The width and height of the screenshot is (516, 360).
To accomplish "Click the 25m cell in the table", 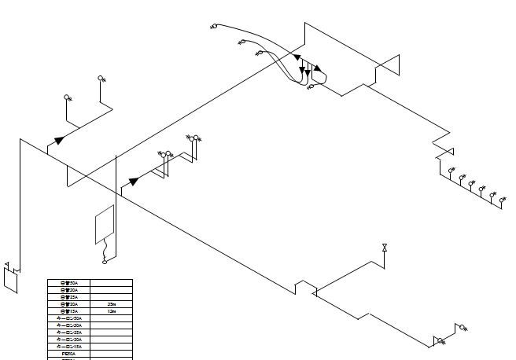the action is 112,304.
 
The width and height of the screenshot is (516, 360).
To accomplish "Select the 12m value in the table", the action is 112,311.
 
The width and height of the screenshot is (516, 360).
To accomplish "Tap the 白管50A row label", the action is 69,283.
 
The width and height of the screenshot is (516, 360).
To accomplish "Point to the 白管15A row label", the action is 69,311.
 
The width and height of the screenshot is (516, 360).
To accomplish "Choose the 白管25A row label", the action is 69,297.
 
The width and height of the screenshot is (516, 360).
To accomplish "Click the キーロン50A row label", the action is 69,318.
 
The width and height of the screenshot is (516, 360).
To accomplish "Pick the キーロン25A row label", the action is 69,332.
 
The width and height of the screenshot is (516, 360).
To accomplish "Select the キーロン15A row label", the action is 69,347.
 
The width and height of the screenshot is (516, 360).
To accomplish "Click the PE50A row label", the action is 69,354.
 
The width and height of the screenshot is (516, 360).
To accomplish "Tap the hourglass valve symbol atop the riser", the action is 384,248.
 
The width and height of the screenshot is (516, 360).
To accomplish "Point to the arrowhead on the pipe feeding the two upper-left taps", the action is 59,141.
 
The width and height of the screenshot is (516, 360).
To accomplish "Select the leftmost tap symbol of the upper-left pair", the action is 68,98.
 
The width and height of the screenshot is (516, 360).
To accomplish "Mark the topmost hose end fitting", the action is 214,27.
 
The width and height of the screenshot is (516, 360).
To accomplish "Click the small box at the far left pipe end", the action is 10,279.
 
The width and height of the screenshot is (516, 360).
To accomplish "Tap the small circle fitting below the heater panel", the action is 105,262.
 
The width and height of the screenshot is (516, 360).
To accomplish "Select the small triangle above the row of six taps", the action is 448,152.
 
